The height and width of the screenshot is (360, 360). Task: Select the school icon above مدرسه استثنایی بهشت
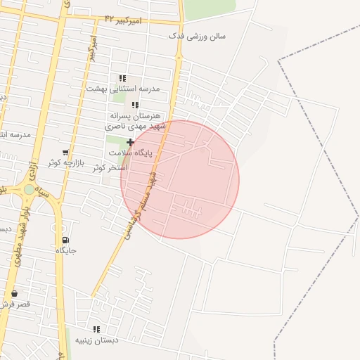pyautogui.click(x=122, y=79)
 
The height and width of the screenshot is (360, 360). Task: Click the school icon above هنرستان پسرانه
pyautogui.click(x=136, y=105)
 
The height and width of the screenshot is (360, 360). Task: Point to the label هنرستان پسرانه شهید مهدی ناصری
pyautogui.click(x=134, y=121)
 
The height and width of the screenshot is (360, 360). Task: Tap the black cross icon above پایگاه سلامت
pyautogui.click(x=130, y=142)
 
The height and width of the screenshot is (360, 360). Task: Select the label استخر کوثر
pyautogui.click(x=110, y=167)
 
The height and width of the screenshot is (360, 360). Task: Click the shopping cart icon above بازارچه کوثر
pyautogui.click(x=65, y=152)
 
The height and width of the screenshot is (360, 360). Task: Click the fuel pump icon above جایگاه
pyautogui.click(x=65, y=240)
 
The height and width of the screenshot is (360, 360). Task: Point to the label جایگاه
pyautogui.click(x=65, y=250)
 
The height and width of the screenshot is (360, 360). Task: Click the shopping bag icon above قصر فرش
pyautogui.click(x=13, y=293)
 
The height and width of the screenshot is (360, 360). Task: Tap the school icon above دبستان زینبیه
pyautogui.click(x=96, y=329)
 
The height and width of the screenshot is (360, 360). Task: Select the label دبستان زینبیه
pyautogui.click(x=97, y=340)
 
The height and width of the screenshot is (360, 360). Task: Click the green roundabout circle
pyautogui.click(x=29, y=189)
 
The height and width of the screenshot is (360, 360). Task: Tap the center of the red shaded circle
pyautogui.click(x=180, y=179)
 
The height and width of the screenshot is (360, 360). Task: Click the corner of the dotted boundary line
pyautogui.click(x=279, y=62)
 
